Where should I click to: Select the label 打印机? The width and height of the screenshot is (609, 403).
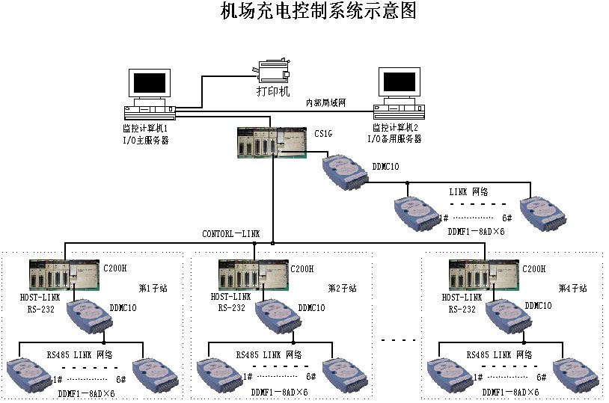[x=272, y=91]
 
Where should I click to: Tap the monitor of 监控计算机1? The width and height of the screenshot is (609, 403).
[x=150, y=84]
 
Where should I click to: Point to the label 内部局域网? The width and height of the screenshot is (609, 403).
[x=325, y=102]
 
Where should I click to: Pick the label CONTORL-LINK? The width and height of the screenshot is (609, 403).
[x=231, y=234]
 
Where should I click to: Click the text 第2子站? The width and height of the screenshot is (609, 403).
[x=342, y=288]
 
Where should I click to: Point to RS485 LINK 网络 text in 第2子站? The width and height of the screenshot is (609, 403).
[x=269, y=354]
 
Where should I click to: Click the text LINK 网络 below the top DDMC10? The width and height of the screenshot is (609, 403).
[x=468, y=192]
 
